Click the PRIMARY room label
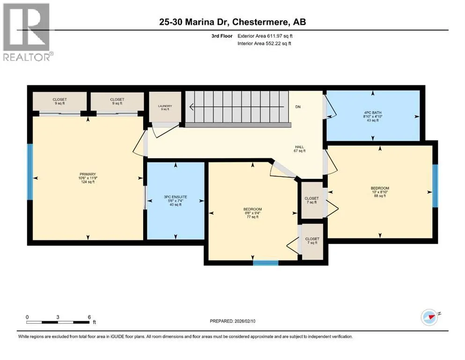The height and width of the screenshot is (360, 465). [88, 174]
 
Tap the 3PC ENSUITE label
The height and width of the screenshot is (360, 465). [176, 197]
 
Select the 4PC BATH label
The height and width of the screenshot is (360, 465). [373, 112]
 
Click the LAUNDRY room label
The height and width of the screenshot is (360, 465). [165, 106]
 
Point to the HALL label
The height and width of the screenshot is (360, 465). [300, 147]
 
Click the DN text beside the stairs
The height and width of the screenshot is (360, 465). [298, 107]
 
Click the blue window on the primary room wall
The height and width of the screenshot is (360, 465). [30, 172]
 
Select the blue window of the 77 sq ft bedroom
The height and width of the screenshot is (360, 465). [266, 262]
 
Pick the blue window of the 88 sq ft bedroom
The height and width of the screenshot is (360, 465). [435, 186]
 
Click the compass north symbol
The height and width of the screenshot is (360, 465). [430, 317]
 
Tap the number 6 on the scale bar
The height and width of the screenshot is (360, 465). [89, 317]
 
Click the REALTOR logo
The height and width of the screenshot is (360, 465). [27, 32]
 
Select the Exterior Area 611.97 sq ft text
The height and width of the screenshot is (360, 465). [265, 36]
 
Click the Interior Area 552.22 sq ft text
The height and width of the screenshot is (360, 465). [264, 43]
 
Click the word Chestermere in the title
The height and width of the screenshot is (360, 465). [260, 22]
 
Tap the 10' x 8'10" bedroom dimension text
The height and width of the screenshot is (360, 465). [380, 192]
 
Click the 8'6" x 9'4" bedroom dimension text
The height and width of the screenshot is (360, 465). [253, 213]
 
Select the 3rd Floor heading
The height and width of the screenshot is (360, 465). [222, 36]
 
